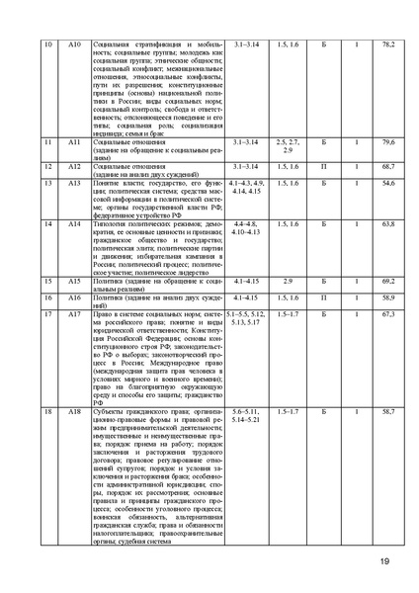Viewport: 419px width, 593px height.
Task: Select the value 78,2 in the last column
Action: coord(387,45)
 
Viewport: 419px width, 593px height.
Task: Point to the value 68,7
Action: coord(387,167)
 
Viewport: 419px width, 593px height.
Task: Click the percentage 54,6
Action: coord(387,184)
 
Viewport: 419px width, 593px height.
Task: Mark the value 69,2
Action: coord(387,282)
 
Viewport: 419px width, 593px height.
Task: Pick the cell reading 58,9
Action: coord(387,296)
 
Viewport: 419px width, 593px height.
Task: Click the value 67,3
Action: coord(387,313)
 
